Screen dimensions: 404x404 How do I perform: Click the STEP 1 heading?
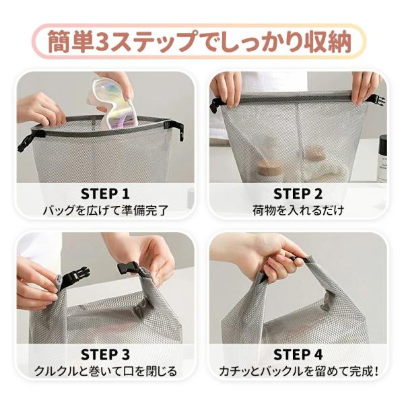point(105,194)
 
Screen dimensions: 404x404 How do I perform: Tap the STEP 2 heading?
point(298,194)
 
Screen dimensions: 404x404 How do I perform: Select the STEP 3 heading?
point(105,354)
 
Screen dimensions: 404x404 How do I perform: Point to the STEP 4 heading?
point(298,354)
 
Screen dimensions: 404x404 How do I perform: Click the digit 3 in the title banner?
point(102,42)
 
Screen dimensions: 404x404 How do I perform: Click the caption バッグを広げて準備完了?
point(106,211)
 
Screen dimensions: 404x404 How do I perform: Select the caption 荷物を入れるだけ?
point(298,211)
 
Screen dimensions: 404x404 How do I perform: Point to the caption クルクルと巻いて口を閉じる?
point(106,371)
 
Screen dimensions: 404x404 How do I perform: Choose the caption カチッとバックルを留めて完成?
point(298,371)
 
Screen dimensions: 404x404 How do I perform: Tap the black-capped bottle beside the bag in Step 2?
point(383,158)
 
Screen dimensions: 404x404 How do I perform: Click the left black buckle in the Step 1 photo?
point(28,141)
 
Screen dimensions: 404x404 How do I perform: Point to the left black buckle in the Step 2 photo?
point(216,106)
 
